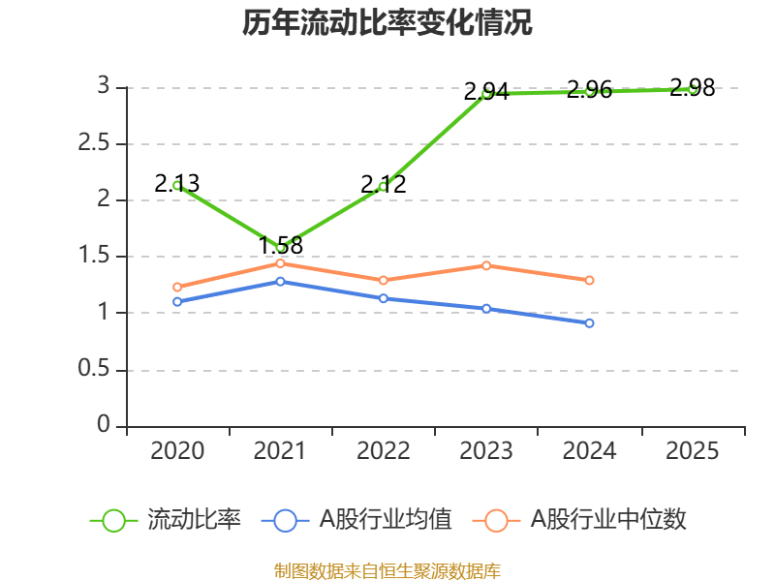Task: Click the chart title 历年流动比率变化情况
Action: [387, 23]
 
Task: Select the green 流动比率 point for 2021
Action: [281, 248]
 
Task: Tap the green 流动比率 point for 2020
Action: [177, 185]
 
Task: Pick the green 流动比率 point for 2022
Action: [383, 186]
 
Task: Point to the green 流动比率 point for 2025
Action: [693, 88]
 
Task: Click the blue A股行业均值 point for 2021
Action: [281, 281]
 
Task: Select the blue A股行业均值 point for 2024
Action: [589, 322]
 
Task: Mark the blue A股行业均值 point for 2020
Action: [177, 301]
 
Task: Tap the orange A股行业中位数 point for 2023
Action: [486, 265]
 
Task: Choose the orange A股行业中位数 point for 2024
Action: [589, 280]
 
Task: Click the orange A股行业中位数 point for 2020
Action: [177, 287]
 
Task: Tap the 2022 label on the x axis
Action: [383, 451]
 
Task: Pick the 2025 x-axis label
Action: [693, 451]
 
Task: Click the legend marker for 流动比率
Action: [114, 520]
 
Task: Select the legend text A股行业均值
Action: [386, 520]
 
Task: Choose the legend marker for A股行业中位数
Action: [496, 520]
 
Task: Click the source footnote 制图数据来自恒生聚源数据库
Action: [387, 570]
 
